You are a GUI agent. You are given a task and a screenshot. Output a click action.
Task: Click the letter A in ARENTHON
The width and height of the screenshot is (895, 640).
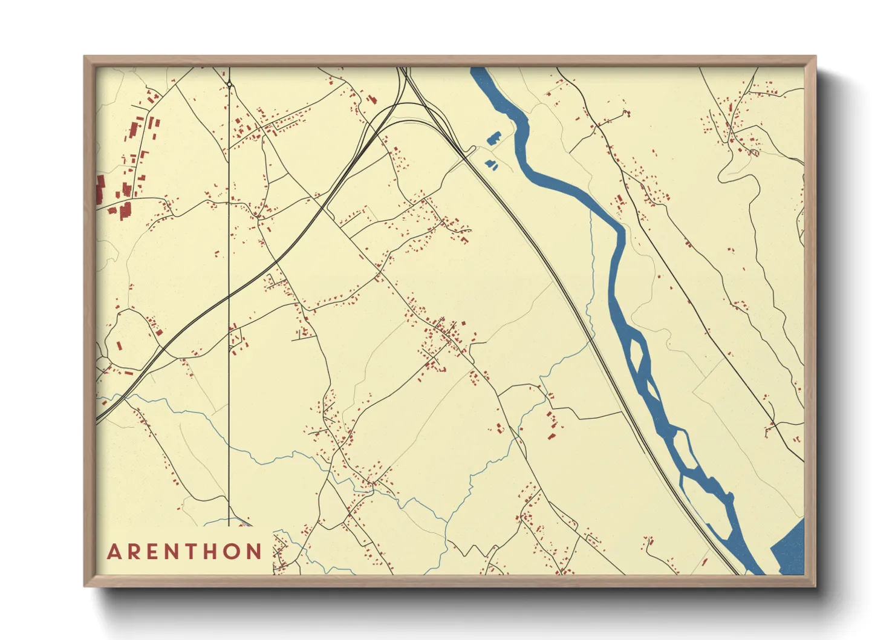click(114, 552)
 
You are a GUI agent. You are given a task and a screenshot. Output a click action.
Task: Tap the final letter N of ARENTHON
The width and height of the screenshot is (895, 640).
click(255, 552)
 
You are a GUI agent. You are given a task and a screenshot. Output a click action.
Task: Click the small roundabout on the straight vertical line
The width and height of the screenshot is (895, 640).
click(229, 85)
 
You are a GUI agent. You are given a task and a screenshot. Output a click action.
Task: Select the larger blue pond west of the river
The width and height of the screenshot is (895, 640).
click(494, 139)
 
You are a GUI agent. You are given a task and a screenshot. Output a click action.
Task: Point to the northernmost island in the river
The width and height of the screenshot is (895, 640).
click(637, 351)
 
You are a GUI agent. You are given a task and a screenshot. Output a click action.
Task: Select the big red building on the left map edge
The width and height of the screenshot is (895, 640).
click(100, 189)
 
